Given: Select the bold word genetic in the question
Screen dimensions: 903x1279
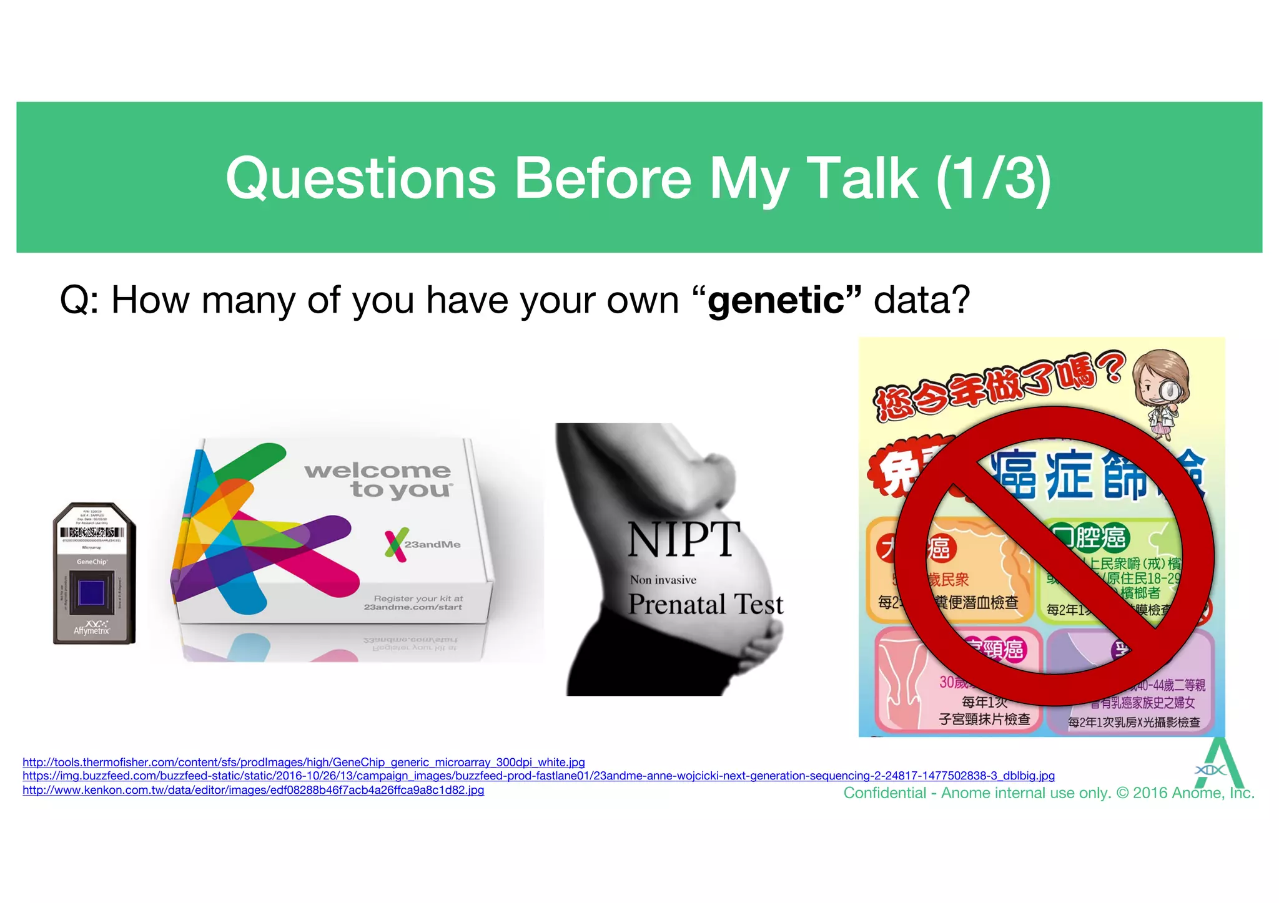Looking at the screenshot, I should [776, 300].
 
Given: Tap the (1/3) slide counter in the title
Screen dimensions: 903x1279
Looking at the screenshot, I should [994, 178].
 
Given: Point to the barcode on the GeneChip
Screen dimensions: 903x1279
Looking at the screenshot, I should [92, 532].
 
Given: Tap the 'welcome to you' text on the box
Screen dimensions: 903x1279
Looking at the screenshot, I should [378, 479].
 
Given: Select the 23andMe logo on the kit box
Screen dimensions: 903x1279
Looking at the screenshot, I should [422, 544].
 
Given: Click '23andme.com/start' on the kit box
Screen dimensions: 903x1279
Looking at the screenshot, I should [413, 607].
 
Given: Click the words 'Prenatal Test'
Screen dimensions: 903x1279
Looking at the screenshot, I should [705, 604].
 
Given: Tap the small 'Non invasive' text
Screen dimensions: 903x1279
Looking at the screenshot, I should [663, 580].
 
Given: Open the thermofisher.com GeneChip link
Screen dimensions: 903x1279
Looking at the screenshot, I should [304, 762].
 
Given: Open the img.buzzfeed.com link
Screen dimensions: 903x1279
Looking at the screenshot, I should [538, 776].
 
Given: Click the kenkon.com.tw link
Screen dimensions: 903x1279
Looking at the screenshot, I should [253, 790].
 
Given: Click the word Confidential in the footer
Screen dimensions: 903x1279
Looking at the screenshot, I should [884, 793].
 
